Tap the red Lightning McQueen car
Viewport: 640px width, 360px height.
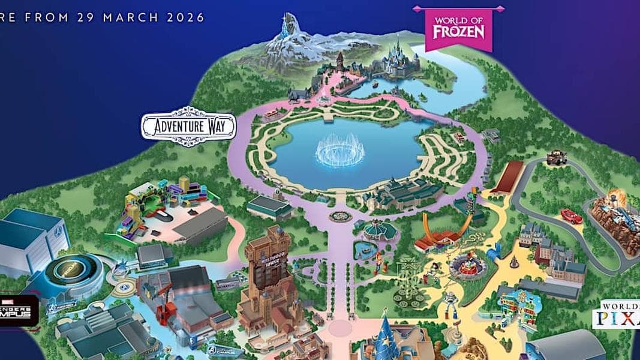point(571,216)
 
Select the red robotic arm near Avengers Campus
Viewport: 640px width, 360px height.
point(164,309)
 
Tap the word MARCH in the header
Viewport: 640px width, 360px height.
point(127,16)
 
